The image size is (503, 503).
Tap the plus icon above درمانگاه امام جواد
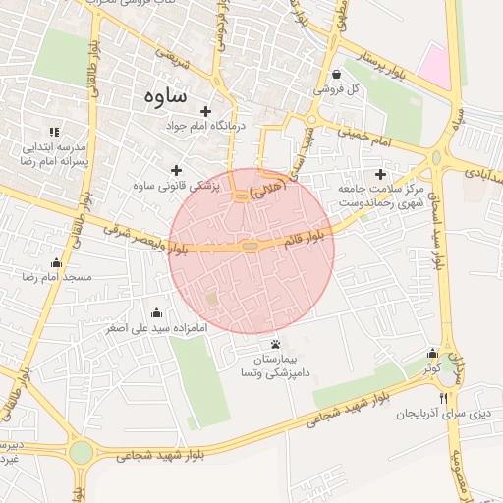click(205, 111)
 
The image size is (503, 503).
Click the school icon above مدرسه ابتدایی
click(54, 131)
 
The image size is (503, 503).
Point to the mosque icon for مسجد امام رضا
click(56, 262)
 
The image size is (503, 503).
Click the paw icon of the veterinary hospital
click(275, 344)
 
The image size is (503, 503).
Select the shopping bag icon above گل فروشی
click(337, 74)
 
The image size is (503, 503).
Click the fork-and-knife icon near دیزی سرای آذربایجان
click(443, 398)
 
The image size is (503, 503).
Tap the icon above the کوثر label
click(432, 354)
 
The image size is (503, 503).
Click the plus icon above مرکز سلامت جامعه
click(380, 173)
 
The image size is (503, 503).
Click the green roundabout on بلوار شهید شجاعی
click(81, 453)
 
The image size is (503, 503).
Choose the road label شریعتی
click(182, 63)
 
